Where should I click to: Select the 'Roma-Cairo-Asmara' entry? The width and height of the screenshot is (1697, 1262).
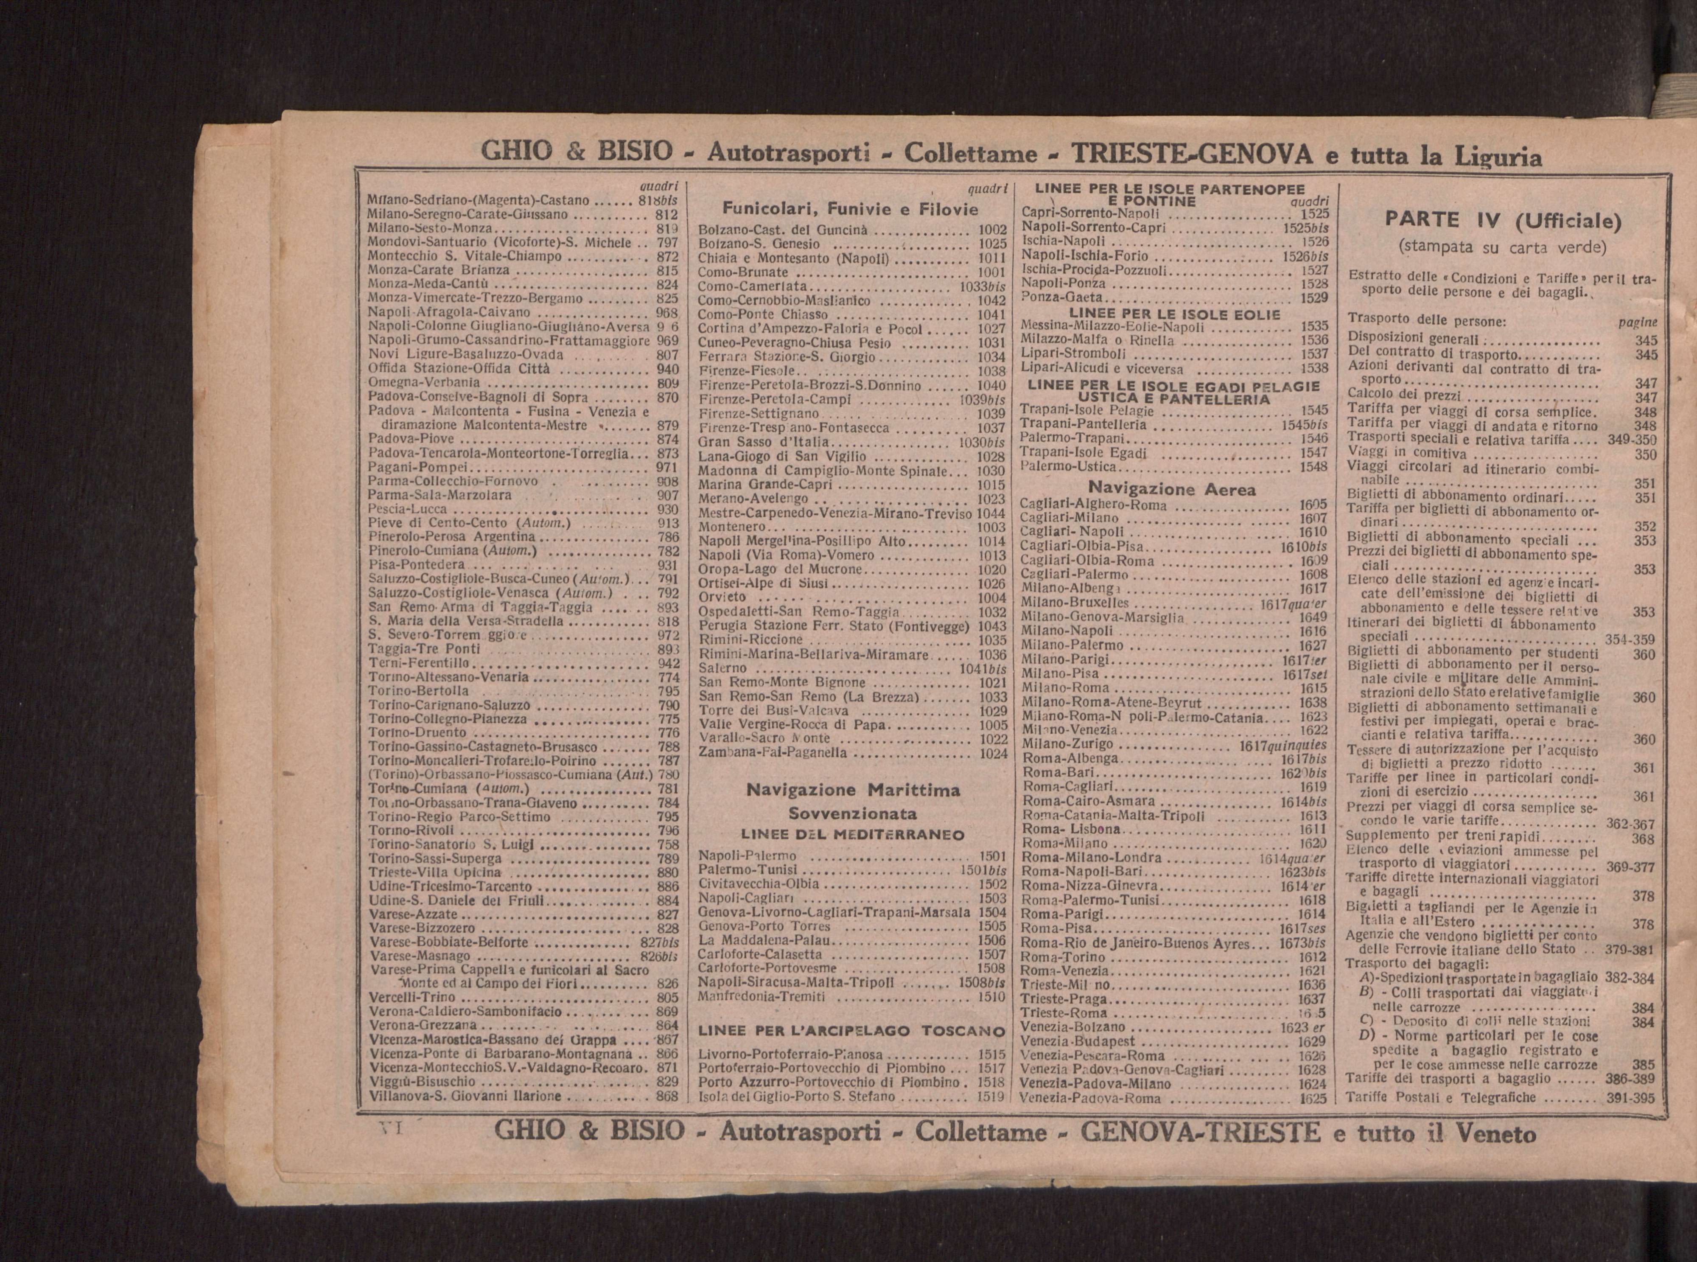click(x=1088, y=802)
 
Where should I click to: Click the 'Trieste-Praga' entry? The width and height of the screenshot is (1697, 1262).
click(x=1063, y=1000)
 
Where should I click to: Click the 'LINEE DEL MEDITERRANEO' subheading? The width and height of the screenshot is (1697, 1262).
click(x=852, y=835)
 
